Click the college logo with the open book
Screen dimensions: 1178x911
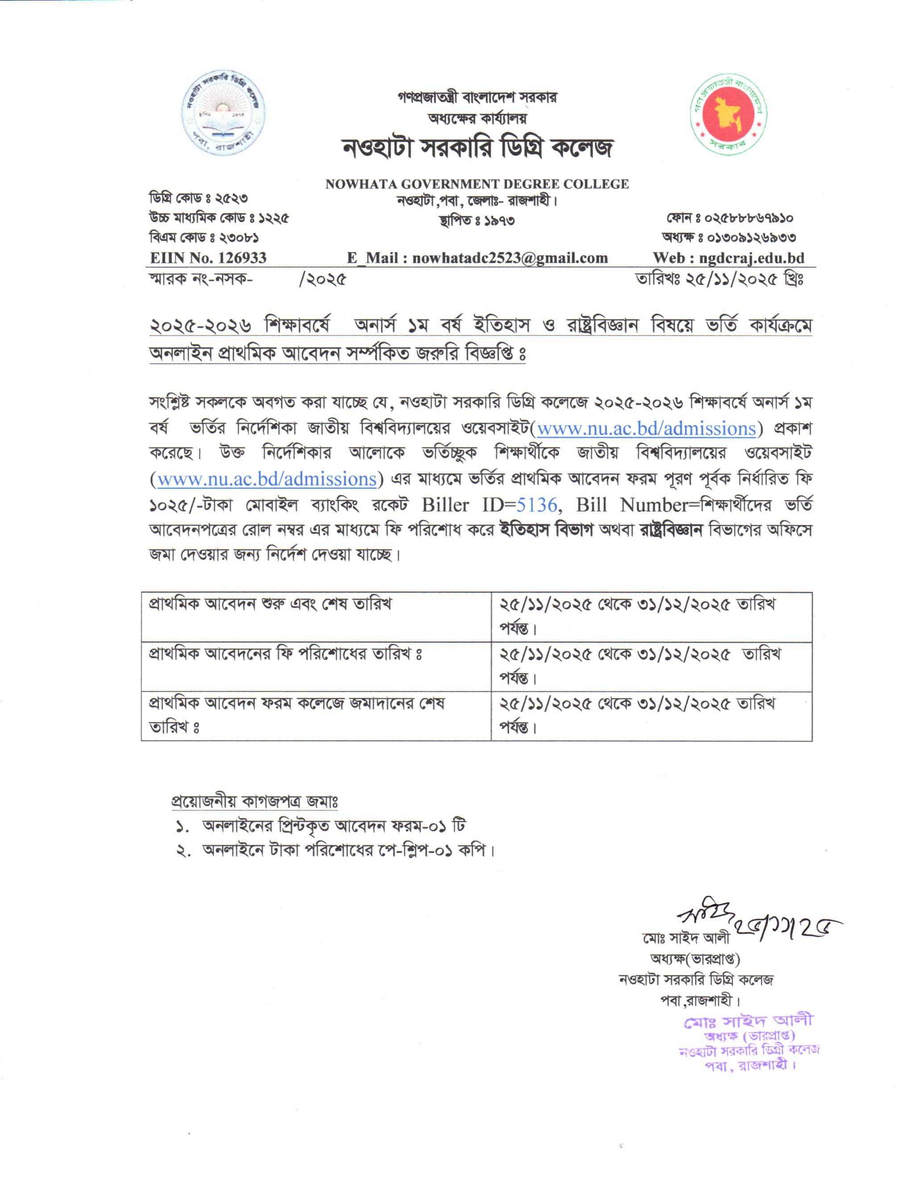[223, 113]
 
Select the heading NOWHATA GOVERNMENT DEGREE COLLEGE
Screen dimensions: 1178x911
[476, 184]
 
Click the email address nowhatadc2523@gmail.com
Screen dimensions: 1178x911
[510, 258]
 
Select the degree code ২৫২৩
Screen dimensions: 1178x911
[231, 199]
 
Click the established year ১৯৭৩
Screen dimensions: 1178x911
[499, 220]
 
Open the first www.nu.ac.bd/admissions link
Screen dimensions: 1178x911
[646, 428]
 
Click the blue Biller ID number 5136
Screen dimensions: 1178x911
[536, 505]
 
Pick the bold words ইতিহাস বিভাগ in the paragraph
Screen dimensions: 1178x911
[546, 530]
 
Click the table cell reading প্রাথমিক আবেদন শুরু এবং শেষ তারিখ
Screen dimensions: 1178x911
[270, 604]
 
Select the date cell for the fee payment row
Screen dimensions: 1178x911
[639, 666]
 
